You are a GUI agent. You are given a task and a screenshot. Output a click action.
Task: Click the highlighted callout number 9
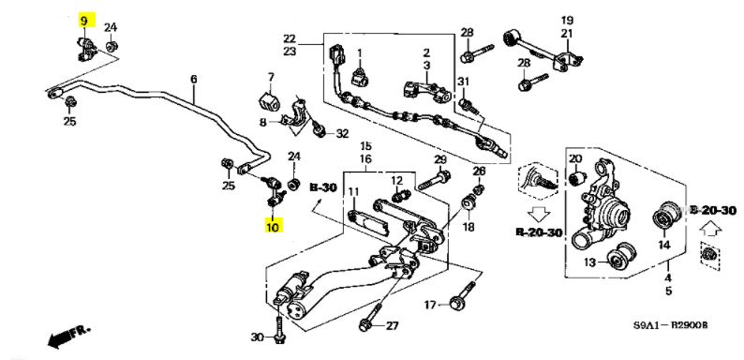(x=84, y=21)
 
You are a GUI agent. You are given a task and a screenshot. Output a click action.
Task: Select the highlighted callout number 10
(x=273, y=226)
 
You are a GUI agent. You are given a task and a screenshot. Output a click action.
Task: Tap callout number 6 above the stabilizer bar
(x=194, y=80)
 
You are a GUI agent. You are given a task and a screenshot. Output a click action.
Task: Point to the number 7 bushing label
(x=271, y=76)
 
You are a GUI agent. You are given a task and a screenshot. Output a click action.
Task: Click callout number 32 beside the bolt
(x=343, y=134)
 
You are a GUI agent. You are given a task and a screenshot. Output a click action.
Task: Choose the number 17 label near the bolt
(x=430, y=305)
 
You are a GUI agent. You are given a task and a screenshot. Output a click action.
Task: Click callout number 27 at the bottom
(x=392, y=326)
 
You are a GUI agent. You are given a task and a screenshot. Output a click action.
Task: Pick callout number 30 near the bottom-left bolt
(x=257, y=337)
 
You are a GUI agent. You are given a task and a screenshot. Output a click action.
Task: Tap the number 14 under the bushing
(x=663, y=245)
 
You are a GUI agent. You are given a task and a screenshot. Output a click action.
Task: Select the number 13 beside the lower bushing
(x=589, y=262)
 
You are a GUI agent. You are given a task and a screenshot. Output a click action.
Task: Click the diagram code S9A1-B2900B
(x=671, y=325)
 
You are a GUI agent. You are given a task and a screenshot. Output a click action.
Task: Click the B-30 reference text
(x=323, y=187)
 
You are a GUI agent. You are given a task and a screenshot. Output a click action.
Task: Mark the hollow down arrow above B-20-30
(x=538, y=213)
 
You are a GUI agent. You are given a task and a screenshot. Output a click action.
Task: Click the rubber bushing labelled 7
(x=268, y=101)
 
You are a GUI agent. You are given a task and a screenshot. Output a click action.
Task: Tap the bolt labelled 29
(x=434, y=181)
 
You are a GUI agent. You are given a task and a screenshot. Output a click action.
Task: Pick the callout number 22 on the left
(x=290, y=38)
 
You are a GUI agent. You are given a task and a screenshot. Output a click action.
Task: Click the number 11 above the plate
(x=354, y=192)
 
